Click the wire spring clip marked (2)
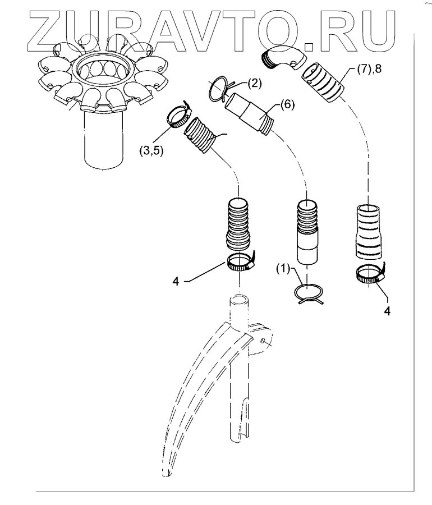click(215, 88)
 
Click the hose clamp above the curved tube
click(241, 261)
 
